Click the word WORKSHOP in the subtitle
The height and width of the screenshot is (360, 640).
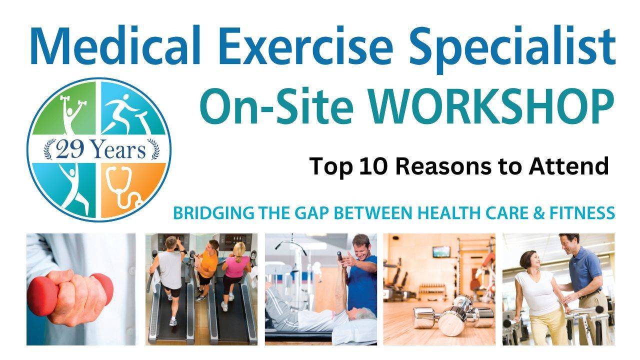point(493,106)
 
